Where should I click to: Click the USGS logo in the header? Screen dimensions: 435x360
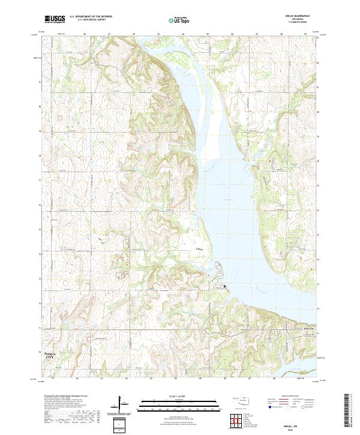pos(55,19)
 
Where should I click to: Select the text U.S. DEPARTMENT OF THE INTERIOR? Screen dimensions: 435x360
pos(91,17)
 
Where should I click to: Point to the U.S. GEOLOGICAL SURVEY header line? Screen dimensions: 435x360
pos(88,20)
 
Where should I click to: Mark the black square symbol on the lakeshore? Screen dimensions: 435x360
pos(226,287)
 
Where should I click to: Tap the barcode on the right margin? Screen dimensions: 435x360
pos(348,414)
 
